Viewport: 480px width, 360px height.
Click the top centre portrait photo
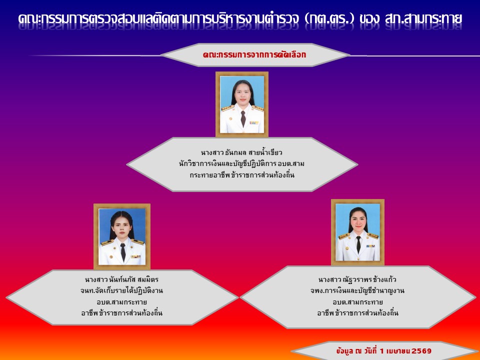pyautogui.click(x=242, y=104)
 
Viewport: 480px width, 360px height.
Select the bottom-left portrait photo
pyautogui.click(x=122, y=236)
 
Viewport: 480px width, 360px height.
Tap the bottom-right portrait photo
pyautogui.click(x=357, y=232)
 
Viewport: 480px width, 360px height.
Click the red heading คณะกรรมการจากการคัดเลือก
pyautogui.click(x=254, y=55)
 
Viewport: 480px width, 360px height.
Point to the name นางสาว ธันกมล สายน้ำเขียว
pyautogui.click(x=241, y=152)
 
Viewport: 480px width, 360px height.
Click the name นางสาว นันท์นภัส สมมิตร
pyautogui.click(x=121, y=279)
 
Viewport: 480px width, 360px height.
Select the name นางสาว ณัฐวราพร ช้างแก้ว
pyautogui.click(x=357, y=279)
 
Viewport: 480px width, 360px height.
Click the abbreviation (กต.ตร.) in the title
pyautogui.click(x=329, y=18)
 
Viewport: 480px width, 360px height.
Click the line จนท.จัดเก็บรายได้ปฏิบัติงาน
pyautogui.click(x=121, y=290)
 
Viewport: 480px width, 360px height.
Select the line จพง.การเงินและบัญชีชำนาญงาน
pyautogui.click(x=357, y=290)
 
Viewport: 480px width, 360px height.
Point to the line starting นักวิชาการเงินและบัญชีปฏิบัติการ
pyautogui.click(x=241, y=164)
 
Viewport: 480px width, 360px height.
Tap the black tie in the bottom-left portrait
pyautogui.click(x=123, y=252)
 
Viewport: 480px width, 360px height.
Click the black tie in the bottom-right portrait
pyautogui.click(x=358, y=244)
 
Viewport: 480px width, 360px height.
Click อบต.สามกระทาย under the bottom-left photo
pyautogui.click(x=121, y=302)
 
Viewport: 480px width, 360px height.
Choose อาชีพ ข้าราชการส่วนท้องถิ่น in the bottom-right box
pyautogui.click(x=357, y=313)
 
